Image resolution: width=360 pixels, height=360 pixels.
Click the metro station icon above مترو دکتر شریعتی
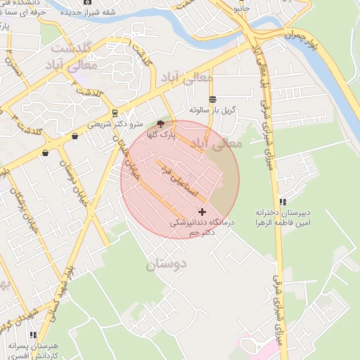pos(115,112)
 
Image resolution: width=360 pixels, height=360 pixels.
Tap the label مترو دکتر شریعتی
pos(115,124)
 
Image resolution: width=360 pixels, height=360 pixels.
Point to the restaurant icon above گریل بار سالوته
pos(212,99)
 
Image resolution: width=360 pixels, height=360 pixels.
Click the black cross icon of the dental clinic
pos(202,212)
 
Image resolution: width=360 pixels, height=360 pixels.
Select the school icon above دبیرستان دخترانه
pos(283,202)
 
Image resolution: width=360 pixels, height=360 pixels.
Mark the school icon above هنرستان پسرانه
pos(33,335)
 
